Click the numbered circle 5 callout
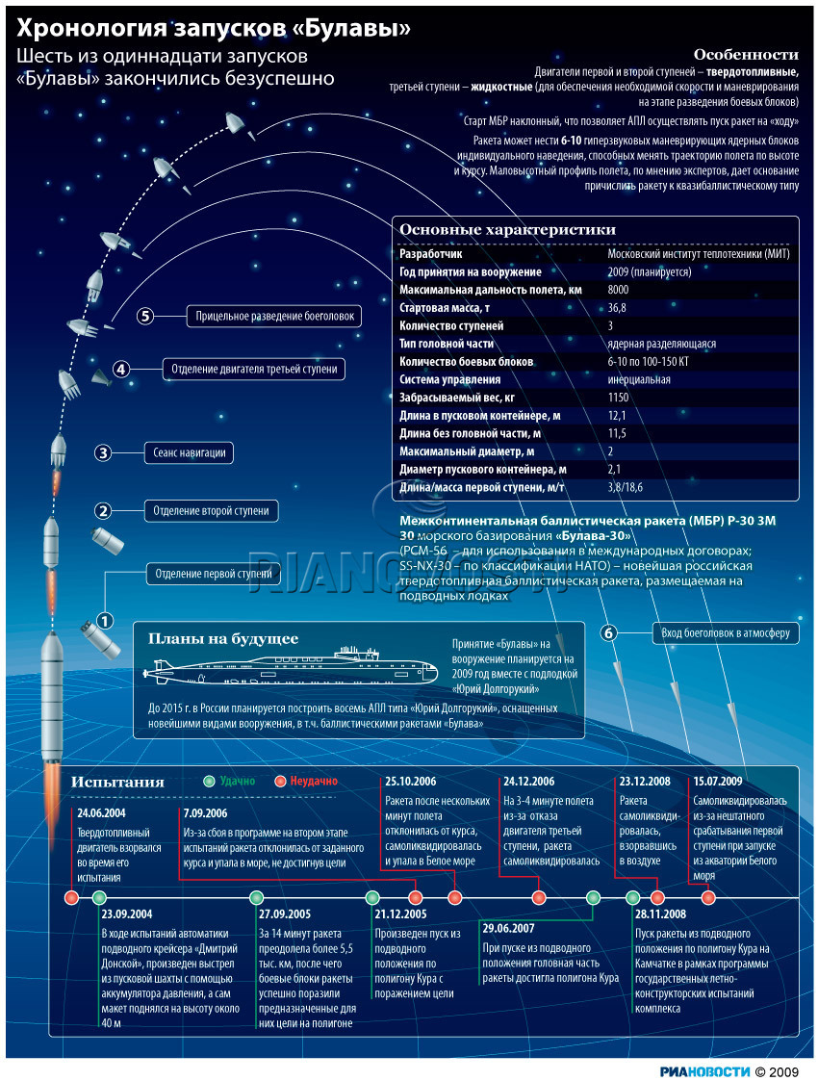(x=145, y=316)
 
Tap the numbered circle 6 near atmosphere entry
(x=608, y=632)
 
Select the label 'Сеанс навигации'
(x=190, y=452)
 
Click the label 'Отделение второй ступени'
(x=212, y=510)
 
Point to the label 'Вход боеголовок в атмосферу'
(x=725, y=632)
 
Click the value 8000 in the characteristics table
(x=618, y=290)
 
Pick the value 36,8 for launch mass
(x=617, y=308)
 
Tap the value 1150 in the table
(x=618, y=398)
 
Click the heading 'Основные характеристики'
(x=507, y=230)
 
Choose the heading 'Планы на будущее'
(x=222, y=638)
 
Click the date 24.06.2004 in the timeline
(x=100, y=813)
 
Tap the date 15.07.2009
(x=717, y=782)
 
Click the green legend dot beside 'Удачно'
(x=209, y=782)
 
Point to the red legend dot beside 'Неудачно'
(x=281, y=782)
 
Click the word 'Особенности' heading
(x=746, y=55)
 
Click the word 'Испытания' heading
(x=117, y=783)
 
